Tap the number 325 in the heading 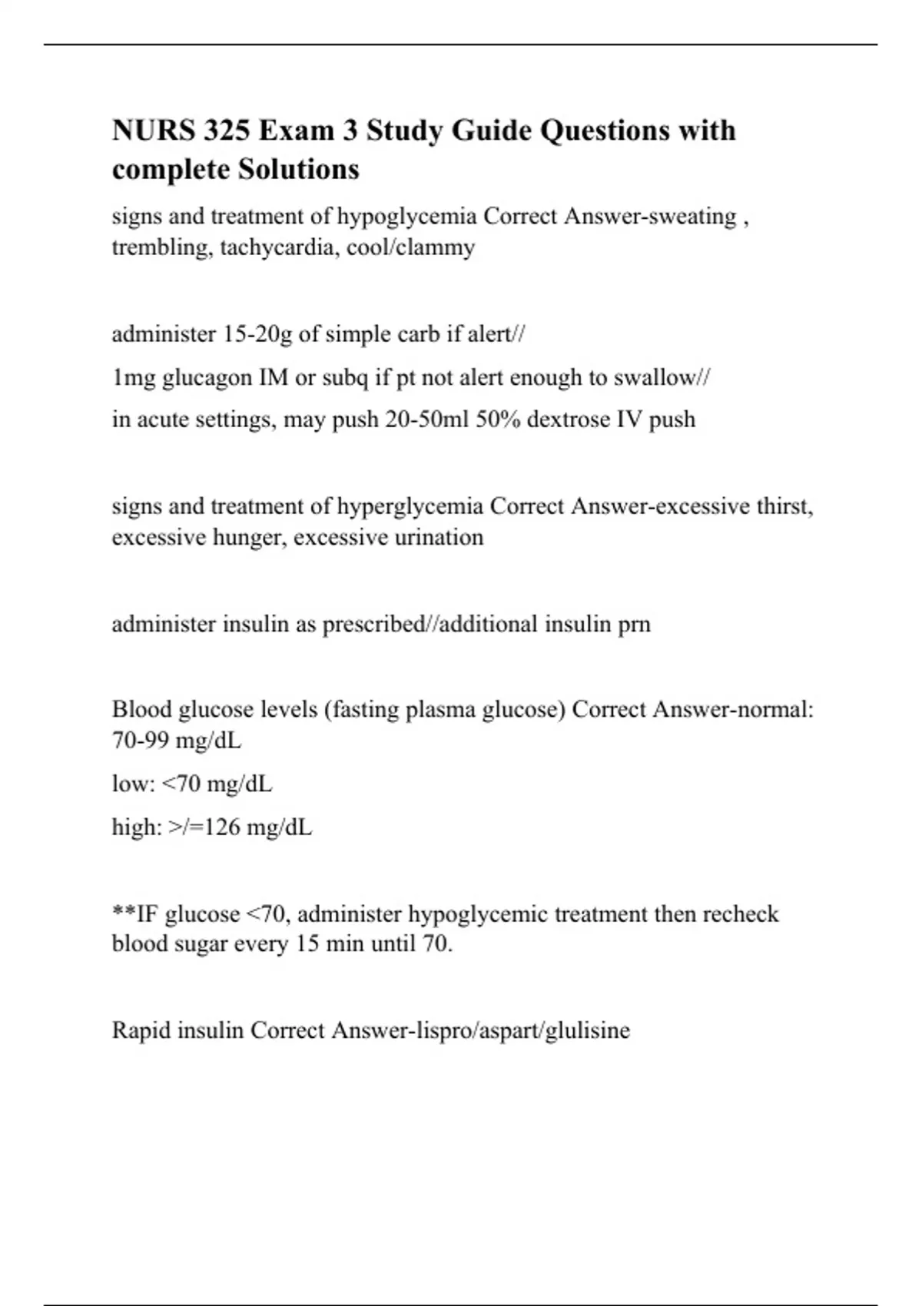(x=227, y=131)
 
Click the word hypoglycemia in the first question (x=406, y=217)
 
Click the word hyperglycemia (x=410, y=507)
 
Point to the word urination (x=439, y=537)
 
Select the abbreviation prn (x=634, y=624)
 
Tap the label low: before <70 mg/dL (x=134, y=784)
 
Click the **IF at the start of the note (x=134, y=914)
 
